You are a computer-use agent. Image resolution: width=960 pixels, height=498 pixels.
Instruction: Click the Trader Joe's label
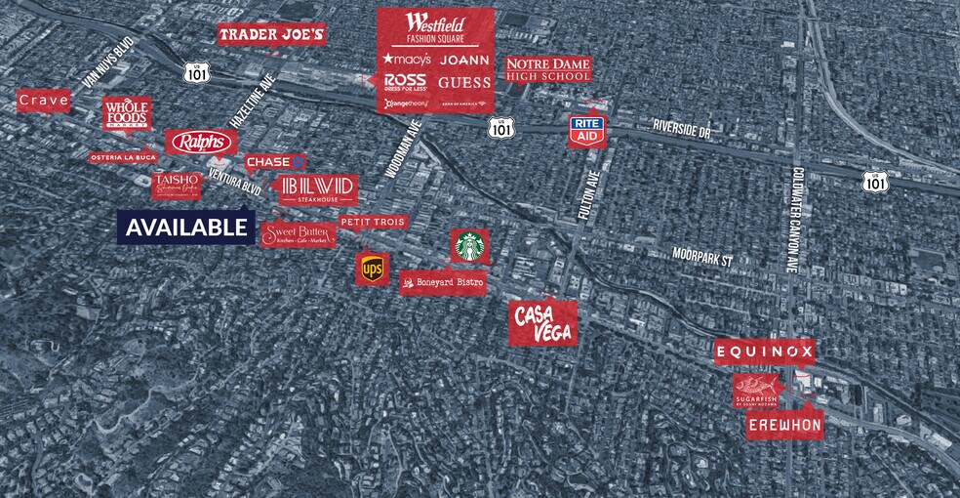click(271, 35)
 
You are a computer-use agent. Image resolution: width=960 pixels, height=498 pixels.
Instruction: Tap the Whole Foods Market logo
click(127, 114)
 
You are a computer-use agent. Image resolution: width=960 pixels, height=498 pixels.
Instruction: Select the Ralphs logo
click(200, 143)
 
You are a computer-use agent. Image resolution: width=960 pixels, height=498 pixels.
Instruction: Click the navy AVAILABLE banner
click(186, 228)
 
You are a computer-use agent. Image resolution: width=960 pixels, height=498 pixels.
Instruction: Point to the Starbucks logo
click(470, 246)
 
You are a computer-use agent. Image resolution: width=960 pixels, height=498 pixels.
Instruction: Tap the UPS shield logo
click(372, 270)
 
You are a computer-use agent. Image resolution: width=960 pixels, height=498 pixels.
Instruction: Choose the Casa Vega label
click(543, 322)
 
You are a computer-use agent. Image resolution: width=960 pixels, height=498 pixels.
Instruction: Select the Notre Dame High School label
click(548, 68)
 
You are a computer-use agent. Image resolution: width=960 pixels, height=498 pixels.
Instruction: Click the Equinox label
click(764, 352)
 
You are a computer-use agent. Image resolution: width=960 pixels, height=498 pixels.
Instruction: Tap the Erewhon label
click(784, 426)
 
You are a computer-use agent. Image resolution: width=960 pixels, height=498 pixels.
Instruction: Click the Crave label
click(43, 101)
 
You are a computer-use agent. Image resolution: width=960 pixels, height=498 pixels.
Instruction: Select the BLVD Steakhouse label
click(318, 188)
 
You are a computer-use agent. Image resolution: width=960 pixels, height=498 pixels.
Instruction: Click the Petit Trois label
click(373, 222)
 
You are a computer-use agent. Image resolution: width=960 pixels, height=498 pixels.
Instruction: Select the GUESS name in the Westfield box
click(463, 83)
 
